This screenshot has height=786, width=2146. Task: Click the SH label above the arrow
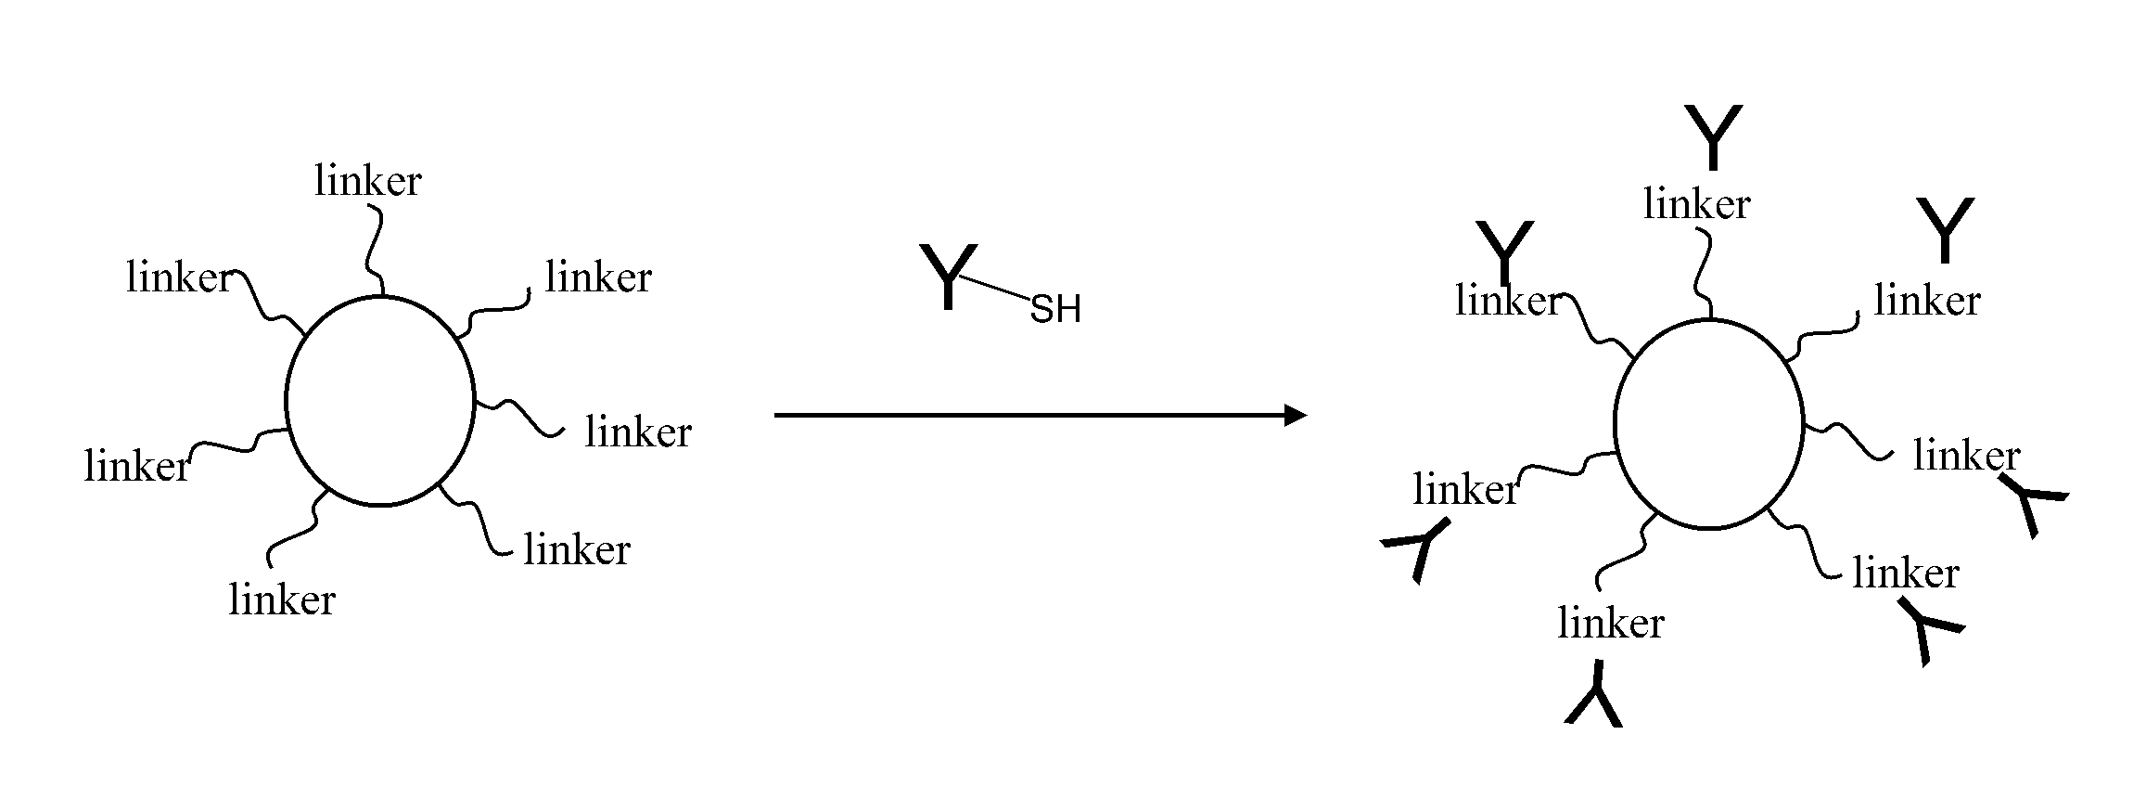(x=1055, y=310)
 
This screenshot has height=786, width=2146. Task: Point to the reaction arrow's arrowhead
(x=1295, y=416)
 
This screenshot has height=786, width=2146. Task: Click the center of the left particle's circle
(x=380, y=401)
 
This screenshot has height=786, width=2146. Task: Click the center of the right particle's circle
(x=1708, y=424)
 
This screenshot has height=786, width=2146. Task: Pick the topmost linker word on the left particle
(x=367, y=181)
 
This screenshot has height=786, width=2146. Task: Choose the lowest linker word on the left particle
(x=282, y=600)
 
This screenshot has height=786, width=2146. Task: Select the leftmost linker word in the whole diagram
(x=137, y=466)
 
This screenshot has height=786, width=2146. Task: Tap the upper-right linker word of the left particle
(x=598, y=277)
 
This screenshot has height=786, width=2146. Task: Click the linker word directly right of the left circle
(x=638, y=432)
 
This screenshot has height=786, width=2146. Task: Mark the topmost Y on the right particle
(x=1713, y=137)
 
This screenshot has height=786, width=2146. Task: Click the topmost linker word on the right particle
(x=1696, y=204)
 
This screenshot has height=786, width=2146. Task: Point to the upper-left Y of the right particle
(x=1504, y=252)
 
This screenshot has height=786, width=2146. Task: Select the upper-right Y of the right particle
(x=1946, y=229)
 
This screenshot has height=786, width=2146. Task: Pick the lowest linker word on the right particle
(x=1611, y=623)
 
